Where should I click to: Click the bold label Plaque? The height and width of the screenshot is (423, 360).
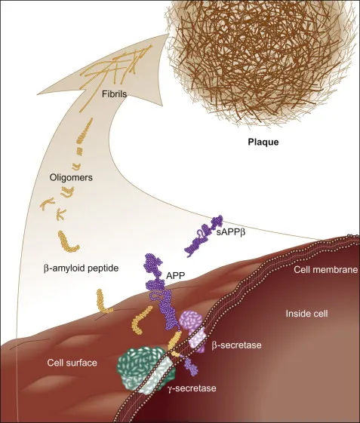point(263,142)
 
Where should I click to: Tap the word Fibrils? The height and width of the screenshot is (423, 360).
point(114,94)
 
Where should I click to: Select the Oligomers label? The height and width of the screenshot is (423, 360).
point(71,177)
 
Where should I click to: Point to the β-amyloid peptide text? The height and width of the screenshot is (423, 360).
point(81,268)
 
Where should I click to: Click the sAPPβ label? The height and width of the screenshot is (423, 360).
point(231,232)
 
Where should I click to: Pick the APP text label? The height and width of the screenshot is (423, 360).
point(176,275)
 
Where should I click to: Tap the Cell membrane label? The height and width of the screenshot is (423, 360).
point(326,269)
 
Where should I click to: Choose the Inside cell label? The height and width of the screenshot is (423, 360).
point(307,314)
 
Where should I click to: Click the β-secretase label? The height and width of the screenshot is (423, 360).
point(236,345)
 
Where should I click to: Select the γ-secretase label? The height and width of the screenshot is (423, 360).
point(192,388)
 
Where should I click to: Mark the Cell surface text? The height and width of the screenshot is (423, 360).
point(72,363)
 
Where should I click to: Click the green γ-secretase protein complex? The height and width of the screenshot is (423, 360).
point(146,369)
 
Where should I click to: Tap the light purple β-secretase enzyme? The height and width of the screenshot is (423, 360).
point(192,330)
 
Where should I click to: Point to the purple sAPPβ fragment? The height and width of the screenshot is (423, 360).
point(204,236)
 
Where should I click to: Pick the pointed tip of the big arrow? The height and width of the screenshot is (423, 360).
point(166,35)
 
